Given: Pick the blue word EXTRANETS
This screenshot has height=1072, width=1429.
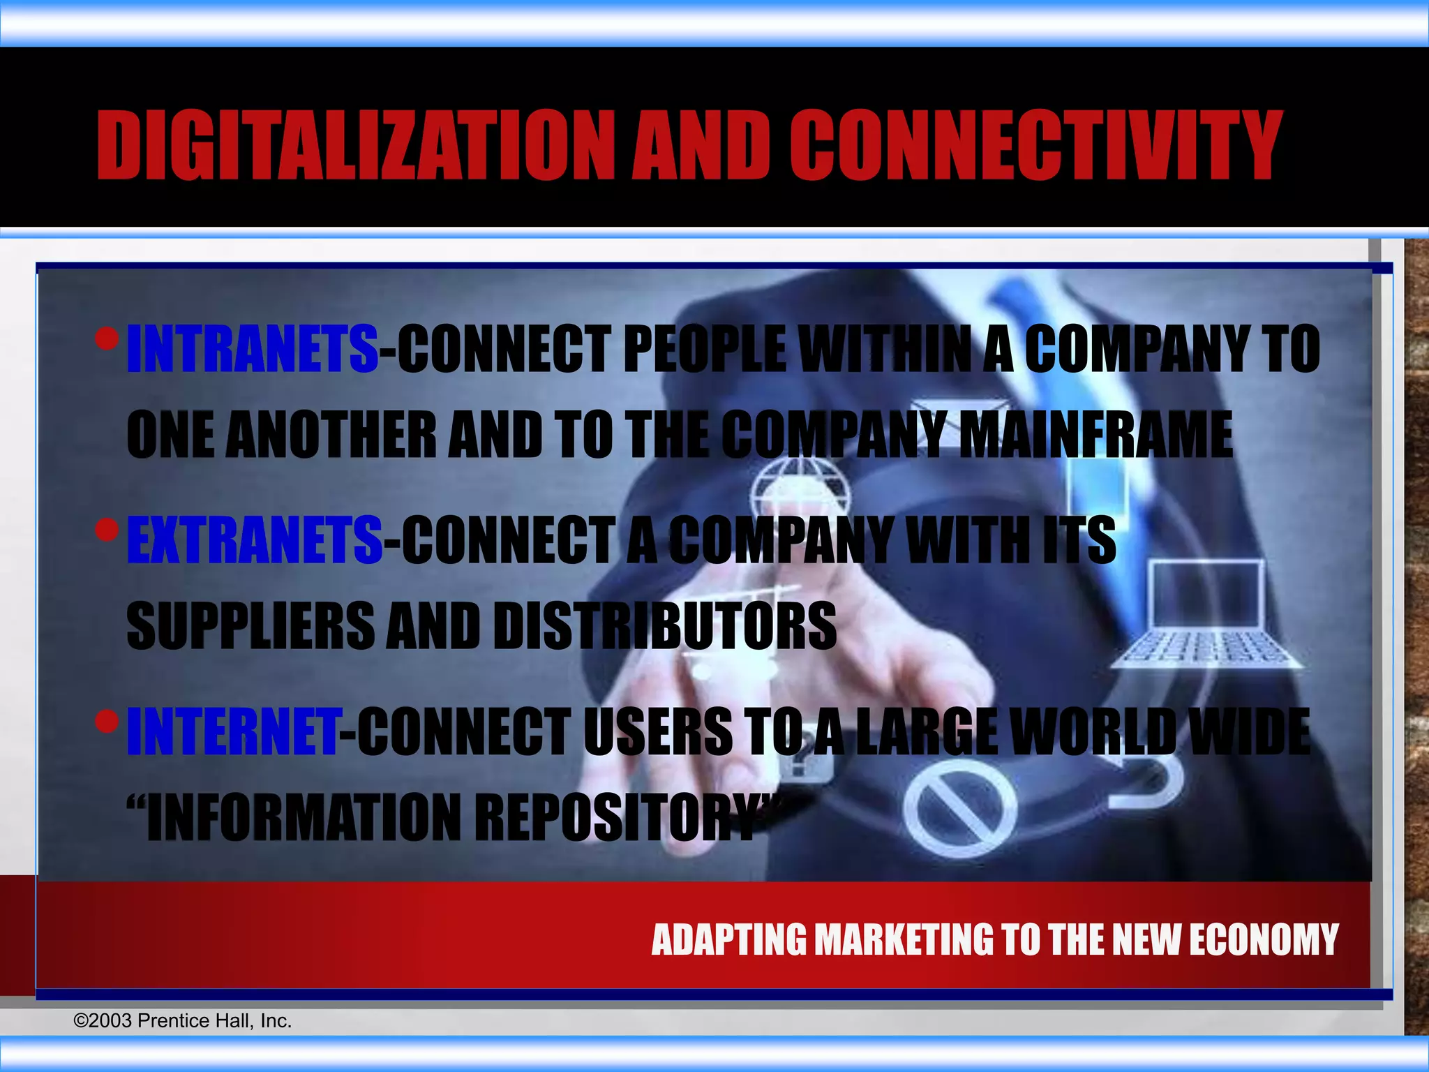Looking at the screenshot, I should pyautogui.click(x=255, y=539).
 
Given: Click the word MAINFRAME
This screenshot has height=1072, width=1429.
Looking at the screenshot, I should pyautogui.click(x=1095, y=434).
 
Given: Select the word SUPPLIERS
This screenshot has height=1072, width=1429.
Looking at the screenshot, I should pyautogui.click(x=250, y=625).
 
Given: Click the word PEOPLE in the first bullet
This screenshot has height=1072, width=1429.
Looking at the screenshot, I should pyautogui.click(x=705, y=349).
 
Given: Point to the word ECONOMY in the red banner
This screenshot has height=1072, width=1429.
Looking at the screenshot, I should pyautogui.click(x=1264, y=939).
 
